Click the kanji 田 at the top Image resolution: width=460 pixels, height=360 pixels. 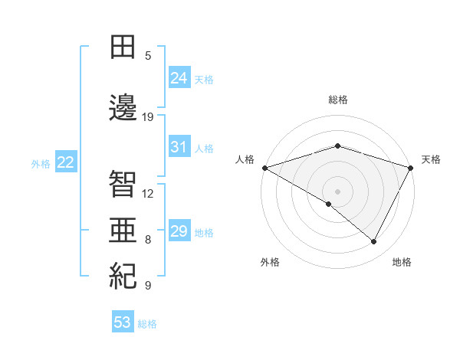point(123,47)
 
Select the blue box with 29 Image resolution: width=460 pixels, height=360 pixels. point(179,231)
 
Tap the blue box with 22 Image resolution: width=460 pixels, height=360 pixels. point(66,162)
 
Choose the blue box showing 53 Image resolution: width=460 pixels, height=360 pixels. point(123,322)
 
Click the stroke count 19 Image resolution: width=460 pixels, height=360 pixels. point(148,117)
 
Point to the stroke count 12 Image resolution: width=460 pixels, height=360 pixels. point(148,193)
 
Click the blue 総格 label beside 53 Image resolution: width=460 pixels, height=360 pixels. point(147,324)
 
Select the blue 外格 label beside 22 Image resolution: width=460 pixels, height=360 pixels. point(41,163)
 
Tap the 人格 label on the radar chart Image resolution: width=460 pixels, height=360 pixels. point(245,159)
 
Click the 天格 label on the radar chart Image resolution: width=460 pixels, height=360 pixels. point(431,159)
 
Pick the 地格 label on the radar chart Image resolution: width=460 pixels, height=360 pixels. point(402,262)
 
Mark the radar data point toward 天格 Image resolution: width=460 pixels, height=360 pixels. point(411,168)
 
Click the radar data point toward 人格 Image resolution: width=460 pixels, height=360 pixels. point(264,168)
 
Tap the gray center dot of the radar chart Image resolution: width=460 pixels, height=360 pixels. point(337,191)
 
